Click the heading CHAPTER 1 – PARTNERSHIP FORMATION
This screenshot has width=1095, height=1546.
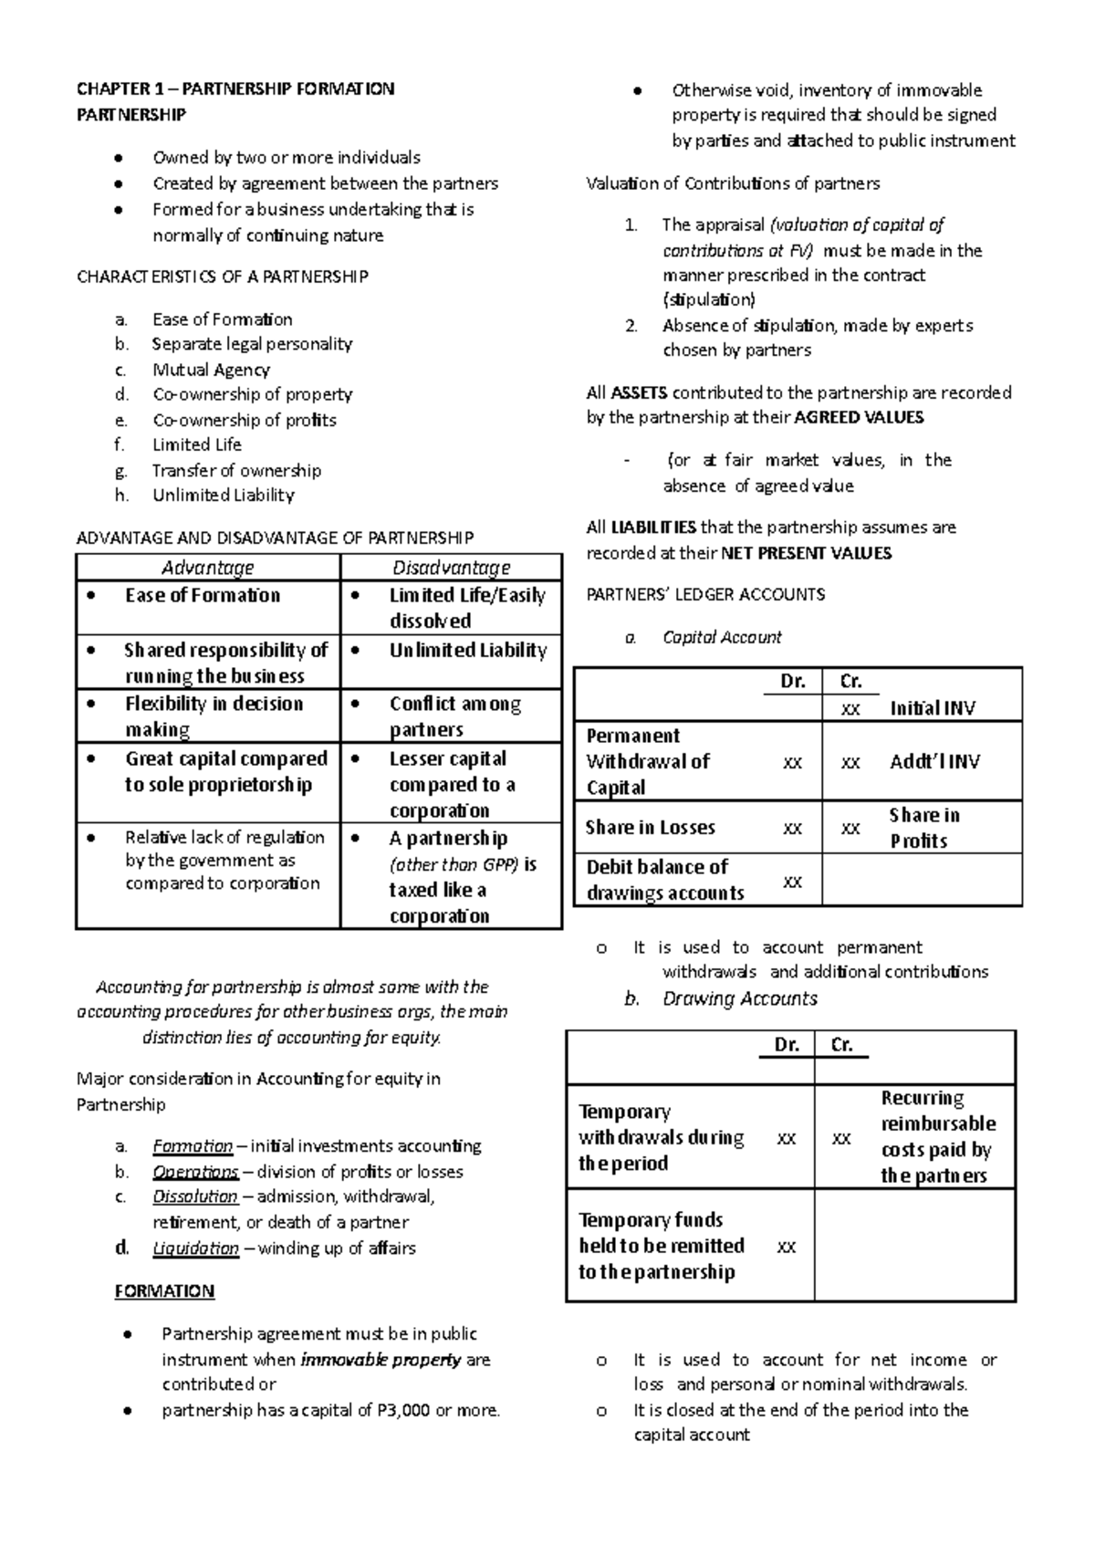[235, 89]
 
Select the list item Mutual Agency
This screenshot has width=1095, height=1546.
[211, 370]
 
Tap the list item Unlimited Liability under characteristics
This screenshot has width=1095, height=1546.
[223, 495]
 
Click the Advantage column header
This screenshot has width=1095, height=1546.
[207, 568]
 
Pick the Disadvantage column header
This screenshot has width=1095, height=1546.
[451, 568]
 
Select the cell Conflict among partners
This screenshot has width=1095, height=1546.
[454, 716]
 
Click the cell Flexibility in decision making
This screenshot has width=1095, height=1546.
[214, 716]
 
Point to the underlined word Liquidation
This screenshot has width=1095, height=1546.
[195, 1248]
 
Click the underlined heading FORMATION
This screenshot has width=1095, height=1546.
[164, 1290]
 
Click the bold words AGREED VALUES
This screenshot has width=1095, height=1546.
[859, 418]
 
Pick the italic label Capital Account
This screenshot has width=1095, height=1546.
[722, 637]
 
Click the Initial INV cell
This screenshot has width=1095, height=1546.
[932, 708]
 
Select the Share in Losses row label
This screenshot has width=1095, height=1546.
[650, 828]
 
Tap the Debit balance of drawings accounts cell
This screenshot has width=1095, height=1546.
[664, 880]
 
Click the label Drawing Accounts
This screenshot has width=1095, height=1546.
[739, 998]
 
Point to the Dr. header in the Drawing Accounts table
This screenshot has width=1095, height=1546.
[786, 1045]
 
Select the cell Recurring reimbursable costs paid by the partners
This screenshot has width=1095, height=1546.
[937, 1136]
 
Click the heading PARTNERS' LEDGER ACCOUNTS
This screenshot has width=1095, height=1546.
[704, 594]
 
